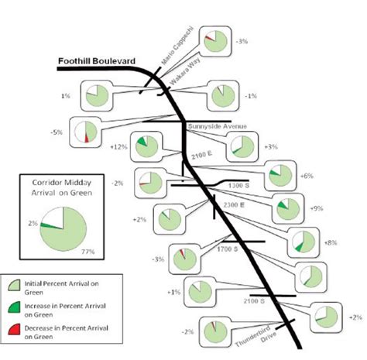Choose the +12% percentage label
118,146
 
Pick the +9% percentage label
315,208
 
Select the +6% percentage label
308,176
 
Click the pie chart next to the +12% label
142,145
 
